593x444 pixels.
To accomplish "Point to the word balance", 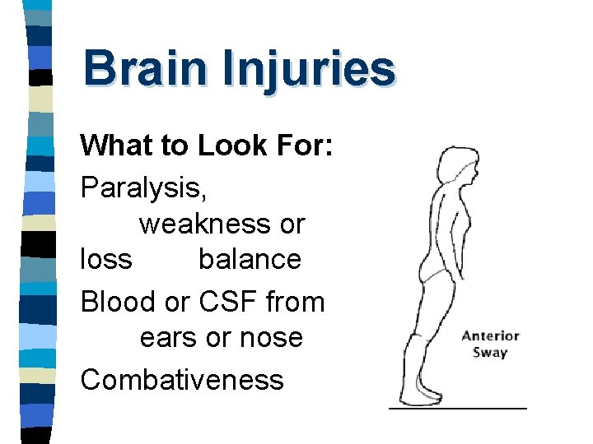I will pyautogui.click(x=250, y=259).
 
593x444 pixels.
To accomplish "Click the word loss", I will pyautogui.click(x=105, y=259).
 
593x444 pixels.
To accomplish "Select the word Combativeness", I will pyautogui.click(x=182, y=379).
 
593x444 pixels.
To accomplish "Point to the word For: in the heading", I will pyautogui.click(x=301, y=146).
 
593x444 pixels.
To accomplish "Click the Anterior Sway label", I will pyautogui.click(x=490, y=344).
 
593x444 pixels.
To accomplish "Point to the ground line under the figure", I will pyautogui.click(x=457, y=407).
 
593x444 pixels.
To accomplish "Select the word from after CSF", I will pyautogui.click(x=295, y=302).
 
